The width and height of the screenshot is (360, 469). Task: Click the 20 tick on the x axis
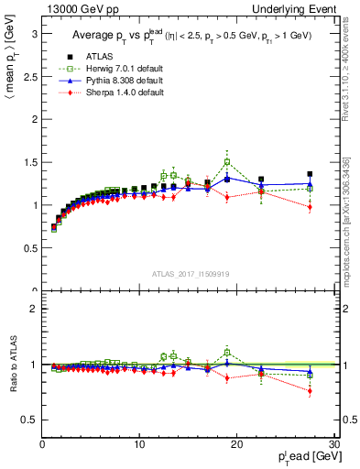tap(236, 444)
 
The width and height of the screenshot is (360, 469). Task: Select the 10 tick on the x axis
tap(139, 444)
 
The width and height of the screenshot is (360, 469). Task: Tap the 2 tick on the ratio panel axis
tap(34, 309)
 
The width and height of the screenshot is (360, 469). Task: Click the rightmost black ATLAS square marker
tap(310, 174)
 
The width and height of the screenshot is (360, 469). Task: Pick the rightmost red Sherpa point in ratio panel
tap(310, 391)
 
